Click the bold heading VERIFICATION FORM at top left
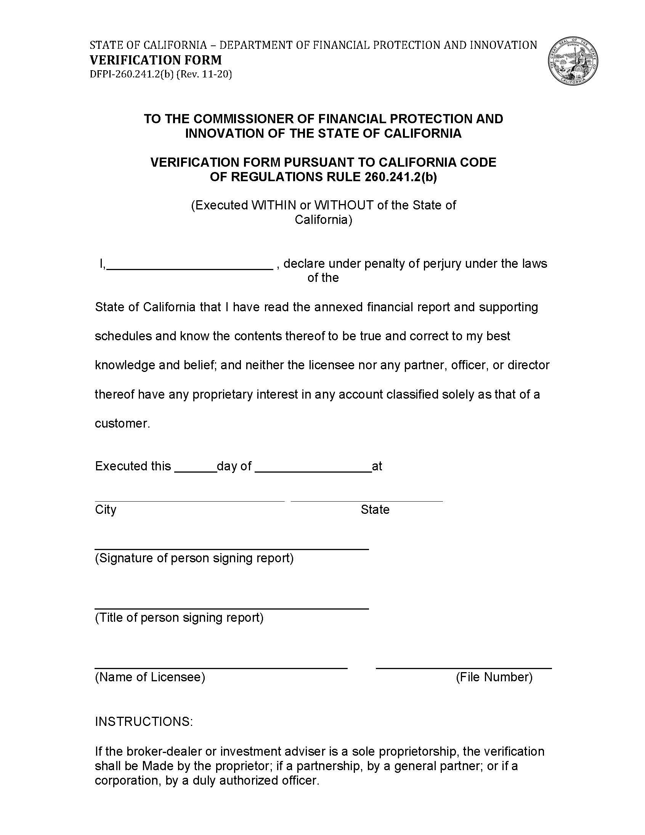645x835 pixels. (156, 60)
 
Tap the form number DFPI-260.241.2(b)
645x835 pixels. (132, 74)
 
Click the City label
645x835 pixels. (106, 510)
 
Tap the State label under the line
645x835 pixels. (375, 510)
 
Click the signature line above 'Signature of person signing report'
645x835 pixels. (231, 549)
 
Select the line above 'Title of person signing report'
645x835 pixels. (231, 609)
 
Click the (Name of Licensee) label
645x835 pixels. (150, 677)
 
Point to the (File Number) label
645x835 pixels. (494, 677)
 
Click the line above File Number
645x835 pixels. (464, 668)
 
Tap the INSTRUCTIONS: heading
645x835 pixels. (144, 721)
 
